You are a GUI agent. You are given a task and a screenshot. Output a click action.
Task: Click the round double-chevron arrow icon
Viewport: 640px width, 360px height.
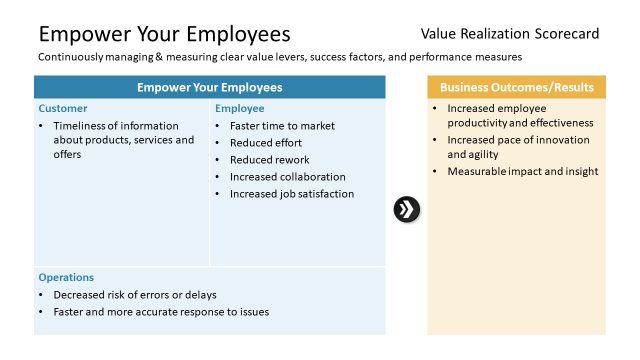tap(407, 209)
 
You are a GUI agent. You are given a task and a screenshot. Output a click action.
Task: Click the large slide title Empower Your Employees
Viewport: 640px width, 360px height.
tap(164, 35)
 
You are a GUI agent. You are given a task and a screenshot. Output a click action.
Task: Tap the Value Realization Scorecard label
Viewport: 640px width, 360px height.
tap(510, 34)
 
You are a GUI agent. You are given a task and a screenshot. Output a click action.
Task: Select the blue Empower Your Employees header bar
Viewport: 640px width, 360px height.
tap(210, 87)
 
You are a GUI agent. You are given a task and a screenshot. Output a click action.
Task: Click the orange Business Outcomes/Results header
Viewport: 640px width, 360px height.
tap(516, 87)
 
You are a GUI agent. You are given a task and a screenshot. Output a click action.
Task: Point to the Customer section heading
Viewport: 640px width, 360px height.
tap(63, 108)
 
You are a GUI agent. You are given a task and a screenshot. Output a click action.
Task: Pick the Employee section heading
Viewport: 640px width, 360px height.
tap(240, 108)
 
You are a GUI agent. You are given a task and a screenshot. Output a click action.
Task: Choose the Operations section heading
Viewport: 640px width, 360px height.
tap(66, 277)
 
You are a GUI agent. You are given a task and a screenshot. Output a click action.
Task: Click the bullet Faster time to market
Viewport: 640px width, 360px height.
tap(282, 126)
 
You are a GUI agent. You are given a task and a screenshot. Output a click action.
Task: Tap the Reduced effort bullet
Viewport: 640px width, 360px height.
tap(265, 143)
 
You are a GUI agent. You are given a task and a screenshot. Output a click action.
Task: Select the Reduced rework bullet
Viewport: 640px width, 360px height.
tap(269, 160)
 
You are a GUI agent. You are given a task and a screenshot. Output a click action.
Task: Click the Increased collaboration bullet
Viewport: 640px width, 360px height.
tap(288, 177)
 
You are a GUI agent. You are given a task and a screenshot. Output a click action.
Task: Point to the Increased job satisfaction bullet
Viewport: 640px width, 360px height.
tap(292, 194)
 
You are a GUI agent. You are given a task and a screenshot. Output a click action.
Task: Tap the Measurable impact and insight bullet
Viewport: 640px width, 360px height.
tap(522, 171)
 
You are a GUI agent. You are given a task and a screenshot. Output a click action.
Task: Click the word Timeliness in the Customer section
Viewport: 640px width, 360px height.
tap(79, 126)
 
